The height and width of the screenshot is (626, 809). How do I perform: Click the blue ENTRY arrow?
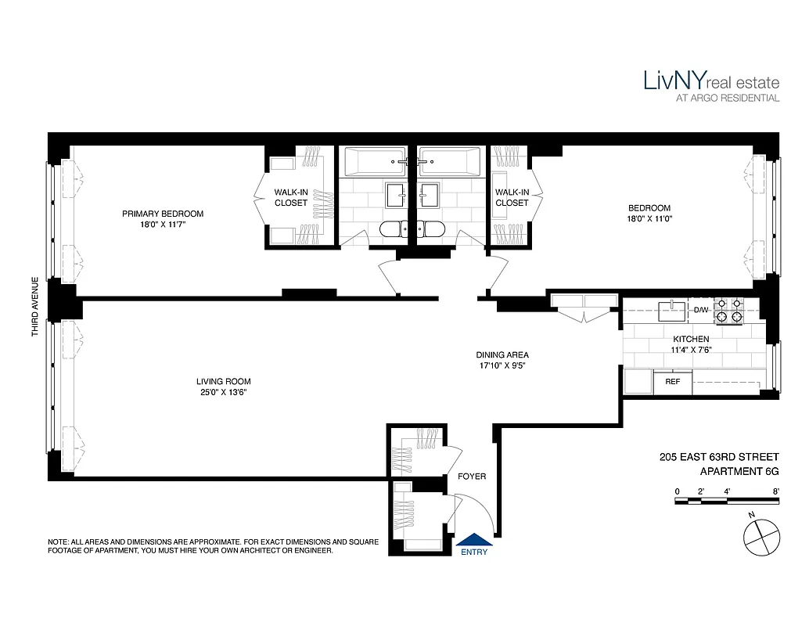(x=474, y=538)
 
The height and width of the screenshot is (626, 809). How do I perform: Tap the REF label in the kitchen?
(x=673, y=382)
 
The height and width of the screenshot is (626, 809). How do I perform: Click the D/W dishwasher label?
(x=700, y=311)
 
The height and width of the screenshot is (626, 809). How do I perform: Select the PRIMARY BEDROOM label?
(x=163, y=214)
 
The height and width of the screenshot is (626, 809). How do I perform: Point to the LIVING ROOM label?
(x=223, y=381)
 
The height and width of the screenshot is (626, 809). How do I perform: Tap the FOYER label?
(x=471, y=477)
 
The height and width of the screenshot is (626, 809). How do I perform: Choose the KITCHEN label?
(x=691, y=339)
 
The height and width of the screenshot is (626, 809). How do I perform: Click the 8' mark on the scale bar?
(x=776, y=491)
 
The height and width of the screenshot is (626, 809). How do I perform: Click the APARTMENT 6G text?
(x=739, y=472)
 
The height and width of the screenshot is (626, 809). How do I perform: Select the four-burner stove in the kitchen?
(x=728, y=311)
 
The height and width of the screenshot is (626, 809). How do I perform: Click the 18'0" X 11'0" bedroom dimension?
(x=649, y=219)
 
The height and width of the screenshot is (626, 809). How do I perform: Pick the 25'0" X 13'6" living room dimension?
(x=223, y=392)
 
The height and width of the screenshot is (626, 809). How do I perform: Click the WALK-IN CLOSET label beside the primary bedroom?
(x=290, y=197)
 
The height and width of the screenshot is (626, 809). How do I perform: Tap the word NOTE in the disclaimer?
(x=59, y=541)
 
